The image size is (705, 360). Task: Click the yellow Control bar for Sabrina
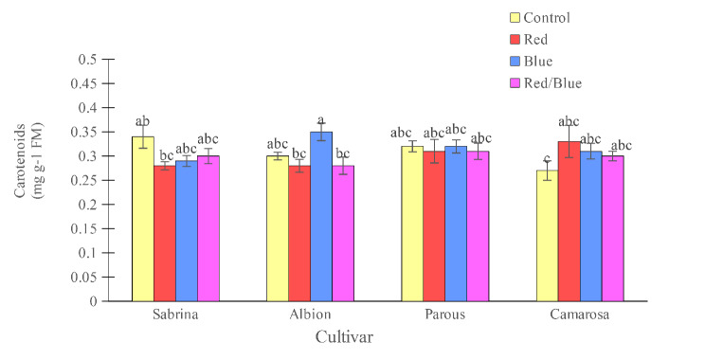(x=142, y=219)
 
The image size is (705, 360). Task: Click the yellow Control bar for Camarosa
(x=547, y=236)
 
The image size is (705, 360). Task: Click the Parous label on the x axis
(x=444, y=315)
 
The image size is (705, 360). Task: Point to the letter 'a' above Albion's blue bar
(x=321, y=120)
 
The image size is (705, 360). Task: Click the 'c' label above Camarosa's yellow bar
(x=547, y=159)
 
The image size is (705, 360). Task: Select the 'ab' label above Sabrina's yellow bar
(x=143, y=120)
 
